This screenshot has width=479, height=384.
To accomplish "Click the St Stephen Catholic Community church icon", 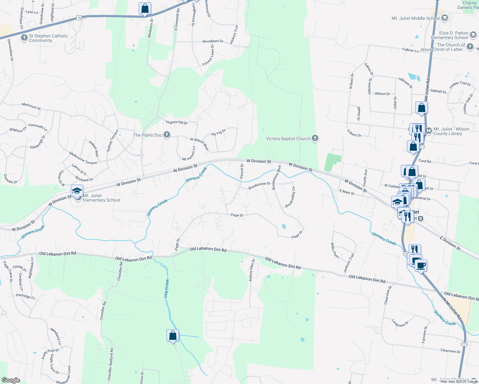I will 24,38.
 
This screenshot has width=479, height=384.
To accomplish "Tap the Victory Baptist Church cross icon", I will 315,138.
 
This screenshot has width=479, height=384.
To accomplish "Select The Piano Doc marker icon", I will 167,135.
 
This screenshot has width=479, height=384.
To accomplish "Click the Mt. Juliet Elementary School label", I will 101,198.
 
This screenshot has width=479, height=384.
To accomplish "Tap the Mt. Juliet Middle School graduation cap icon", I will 444,18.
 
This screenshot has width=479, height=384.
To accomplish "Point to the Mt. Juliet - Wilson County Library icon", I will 429,131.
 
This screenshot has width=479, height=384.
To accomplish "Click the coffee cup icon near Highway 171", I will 421,265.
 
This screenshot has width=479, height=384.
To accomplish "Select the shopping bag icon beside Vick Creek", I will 173,335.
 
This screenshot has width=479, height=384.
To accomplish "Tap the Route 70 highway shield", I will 79,18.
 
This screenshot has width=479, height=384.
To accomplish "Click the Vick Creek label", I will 166,288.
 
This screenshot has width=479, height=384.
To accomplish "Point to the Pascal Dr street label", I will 242,171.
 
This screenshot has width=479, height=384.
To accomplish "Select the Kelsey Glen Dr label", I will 252,270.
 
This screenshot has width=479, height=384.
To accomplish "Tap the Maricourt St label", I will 31,106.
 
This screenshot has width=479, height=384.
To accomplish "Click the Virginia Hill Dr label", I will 176,123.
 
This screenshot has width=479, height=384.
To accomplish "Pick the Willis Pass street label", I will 335,250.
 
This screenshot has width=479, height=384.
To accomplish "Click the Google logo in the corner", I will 11,380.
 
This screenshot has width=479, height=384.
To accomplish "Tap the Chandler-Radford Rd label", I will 110,364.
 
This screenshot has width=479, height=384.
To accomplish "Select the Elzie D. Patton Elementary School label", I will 450,35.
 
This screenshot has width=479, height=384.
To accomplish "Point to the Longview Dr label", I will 400,323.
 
